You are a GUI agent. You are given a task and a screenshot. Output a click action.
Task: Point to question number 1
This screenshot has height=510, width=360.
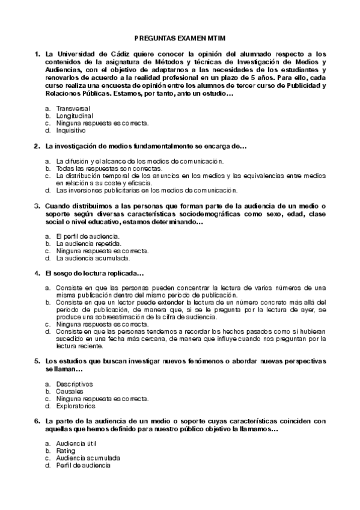click(38, 54)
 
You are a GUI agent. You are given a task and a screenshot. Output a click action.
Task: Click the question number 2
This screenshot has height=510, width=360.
click(38, 147)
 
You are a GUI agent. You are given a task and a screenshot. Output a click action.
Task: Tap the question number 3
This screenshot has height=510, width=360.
click(38, 206)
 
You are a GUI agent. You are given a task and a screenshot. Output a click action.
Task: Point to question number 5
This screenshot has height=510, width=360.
click(38, 360)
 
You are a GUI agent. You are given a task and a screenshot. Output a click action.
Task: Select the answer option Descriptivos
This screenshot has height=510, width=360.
click(75, 384)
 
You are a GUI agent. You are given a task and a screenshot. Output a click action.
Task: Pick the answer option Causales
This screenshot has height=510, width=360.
click(70, 391)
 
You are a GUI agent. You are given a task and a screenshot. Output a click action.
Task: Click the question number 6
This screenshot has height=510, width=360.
click(38, 421)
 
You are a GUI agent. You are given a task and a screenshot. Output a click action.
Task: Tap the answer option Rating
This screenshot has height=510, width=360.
click(66, 450)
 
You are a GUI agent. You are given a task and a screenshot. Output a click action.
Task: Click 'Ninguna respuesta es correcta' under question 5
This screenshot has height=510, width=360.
click(102, 398)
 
